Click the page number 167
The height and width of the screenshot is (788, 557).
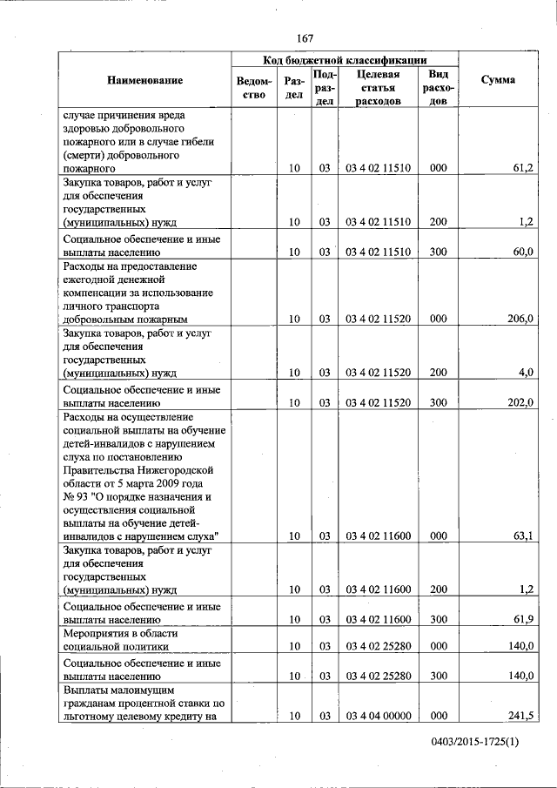coord(304,38)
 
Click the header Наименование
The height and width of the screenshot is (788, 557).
coord(145,80)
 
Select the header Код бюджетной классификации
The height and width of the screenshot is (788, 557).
coord(345,60)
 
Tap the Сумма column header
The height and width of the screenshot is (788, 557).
coord(498,80)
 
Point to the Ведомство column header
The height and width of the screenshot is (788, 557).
coord(252,87)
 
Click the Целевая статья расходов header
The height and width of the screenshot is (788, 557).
coord(378,87)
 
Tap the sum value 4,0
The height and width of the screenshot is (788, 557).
coord(525,373)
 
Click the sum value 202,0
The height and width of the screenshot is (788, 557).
coord(520,403)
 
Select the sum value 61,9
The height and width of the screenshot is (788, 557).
coord(522,620)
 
